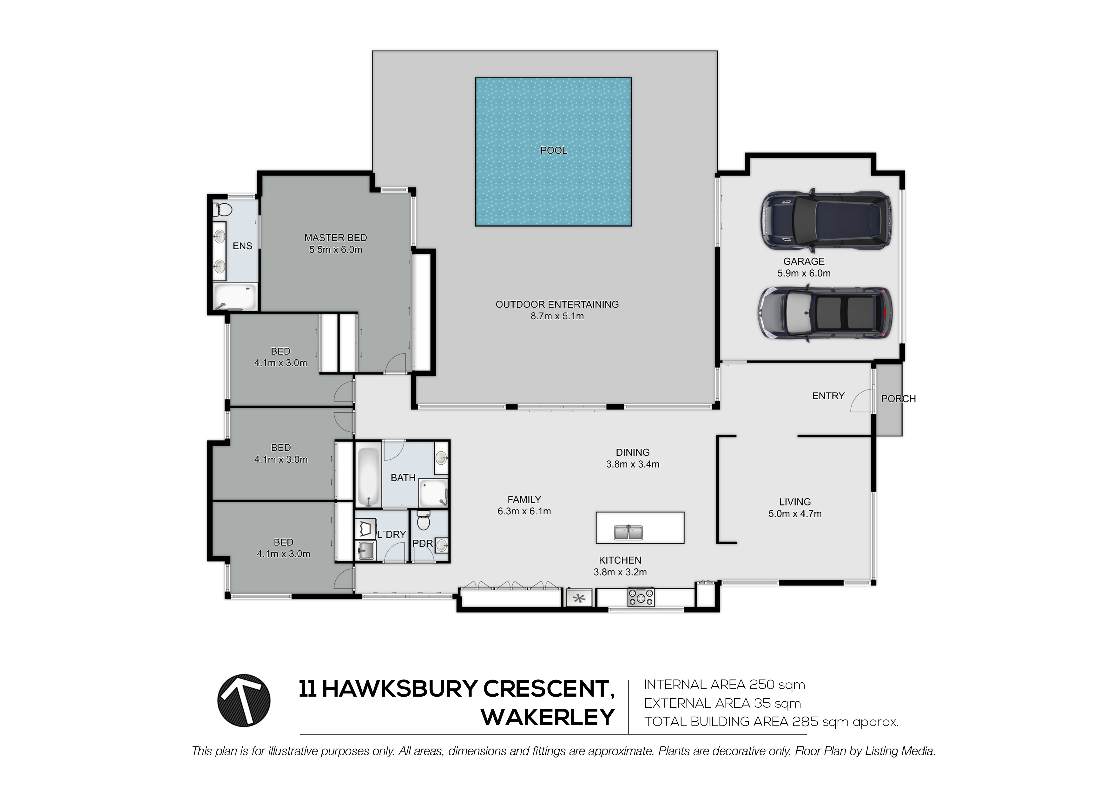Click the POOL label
point(553,151)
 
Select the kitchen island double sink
point(628,532)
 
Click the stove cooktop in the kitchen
point(641,597)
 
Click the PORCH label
point(898,399)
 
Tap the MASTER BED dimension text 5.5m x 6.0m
point(335,250)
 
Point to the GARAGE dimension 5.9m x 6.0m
point(804,273)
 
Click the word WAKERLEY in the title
point(548,717)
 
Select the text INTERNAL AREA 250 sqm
point(724,685)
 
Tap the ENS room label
point(242,246)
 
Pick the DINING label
point(633,452)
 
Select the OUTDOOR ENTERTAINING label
point(557,304)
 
